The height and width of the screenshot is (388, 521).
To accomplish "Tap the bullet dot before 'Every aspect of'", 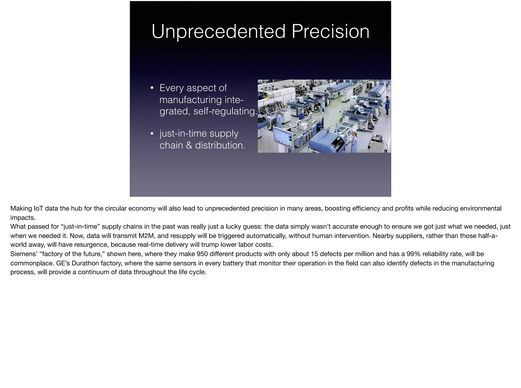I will [152, 88].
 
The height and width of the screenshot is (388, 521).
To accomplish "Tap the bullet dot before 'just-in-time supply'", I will [152, 134].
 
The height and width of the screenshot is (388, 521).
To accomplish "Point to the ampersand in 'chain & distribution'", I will [189, 145].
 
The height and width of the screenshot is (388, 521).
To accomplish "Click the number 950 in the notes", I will [202, 254].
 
